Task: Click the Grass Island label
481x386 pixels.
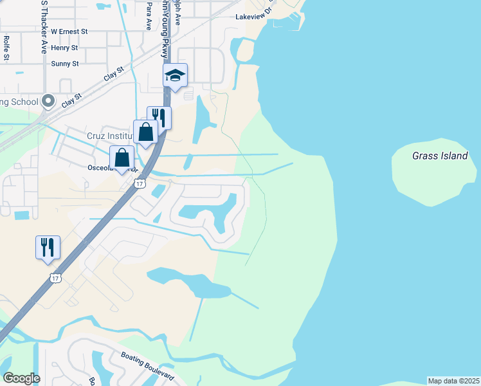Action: click(440, 156)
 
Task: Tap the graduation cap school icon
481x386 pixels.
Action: click(175, 76)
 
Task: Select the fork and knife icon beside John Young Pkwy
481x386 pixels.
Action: click(159, 118)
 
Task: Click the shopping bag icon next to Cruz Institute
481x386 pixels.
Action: click(146, 133)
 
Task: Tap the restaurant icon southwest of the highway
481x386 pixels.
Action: click(48, 248)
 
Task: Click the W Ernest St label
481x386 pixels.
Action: click(69, 31)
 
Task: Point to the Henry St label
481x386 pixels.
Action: click(64, 48)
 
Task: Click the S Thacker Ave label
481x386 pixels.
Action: click(44, 26)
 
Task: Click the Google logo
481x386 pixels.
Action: click(21, 378)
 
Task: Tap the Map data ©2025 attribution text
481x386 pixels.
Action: click(453, 381)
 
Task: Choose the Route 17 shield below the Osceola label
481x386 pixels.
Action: click(140, 184)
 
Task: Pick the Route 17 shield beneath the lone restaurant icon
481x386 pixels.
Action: click(55, 278)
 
